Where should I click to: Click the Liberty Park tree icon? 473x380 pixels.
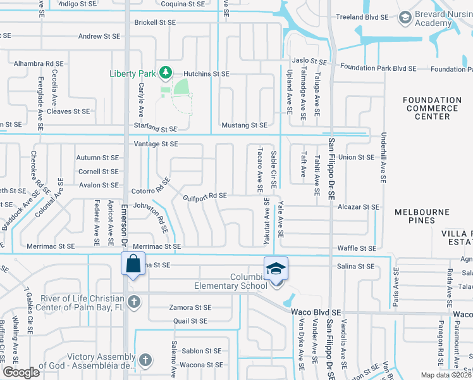click(166, 73)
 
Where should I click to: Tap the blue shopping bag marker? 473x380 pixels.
click(133, 263)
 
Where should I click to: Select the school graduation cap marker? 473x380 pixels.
click(276, 269)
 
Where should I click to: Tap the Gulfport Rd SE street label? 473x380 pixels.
click(205, 196)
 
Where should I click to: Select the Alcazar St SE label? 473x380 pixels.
click(359, 206)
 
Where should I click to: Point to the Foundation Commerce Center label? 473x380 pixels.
click(433, 108)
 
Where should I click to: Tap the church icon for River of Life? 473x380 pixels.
click(133, 301)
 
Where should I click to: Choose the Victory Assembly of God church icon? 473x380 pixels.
click(145, 360)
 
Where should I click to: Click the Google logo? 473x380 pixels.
click(20, 372)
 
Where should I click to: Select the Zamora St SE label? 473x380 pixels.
click(190, 307)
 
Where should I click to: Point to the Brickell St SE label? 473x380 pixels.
click(155, 22)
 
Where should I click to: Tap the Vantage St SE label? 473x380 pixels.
click(156, 144)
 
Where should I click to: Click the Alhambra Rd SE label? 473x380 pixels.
click(39, 64)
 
